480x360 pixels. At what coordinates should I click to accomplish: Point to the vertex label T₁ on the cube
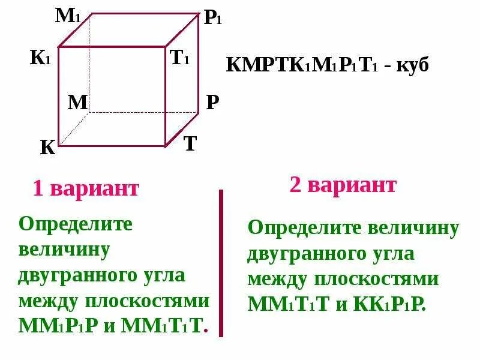click(179, 58)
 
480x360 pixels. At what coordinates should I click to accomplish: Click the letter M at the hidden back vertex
click(77, 103)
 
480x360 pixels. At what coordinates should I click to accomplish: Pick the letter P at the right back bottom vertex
click(212, 103)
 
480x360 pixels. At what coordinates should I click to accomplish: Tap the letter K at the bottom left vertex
click(47, 148)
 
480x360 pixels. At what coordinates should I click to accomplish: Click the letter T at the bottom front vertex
click(190, 144)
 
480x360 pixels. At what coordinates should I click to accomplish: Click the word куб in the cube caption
click(413, 65)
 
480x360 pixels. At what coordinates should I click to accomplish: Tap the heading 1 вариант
click(86, 189)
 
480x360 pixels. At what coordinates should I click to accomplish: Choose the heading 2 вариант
click(343, 185)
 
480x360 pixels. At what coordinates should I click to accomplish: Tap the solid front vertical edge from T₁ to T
click(166, 96)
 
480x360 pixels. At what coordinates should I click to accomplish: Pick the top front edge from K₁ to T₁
click(112, 47)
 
